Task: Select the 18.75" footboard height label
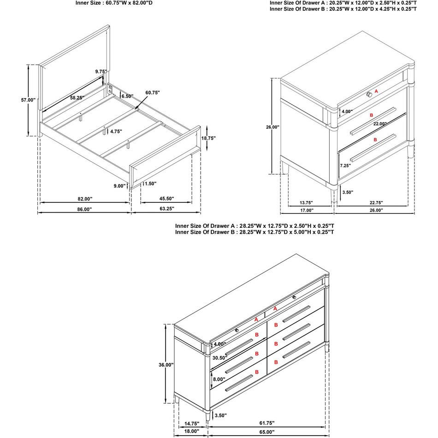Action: pos(208,138)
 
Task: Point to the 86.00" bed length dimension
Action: pos(84,209)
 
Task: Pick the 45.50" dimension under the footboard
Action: pos(166,199)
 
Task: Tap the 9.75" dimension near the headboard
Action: pos(101,71)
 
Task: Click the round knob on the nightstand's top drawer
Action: pos(369,94)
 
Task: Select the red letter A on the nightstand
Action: pos(376,91)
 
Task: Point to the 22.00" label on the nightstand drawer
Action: pos(380,124)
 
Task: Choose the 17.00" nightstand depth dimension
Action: pos(306,210)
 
